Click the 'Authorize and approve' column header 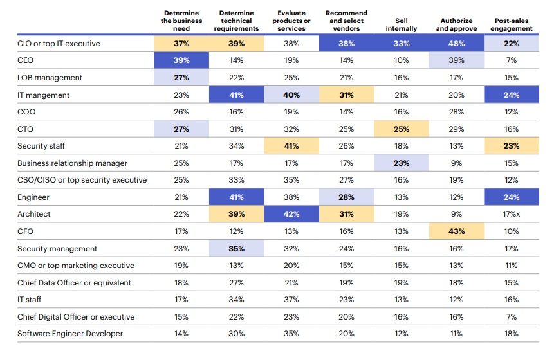[456, 24]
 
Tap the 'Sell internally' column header [402, 24]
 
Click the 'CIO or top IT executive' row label [59, 44]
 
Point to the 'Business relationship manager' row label [72, 163]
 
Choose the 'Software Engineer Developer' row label [70, 334]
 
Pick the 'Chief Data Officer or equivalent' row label [74, 283]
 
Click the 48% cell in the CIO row [456, 44]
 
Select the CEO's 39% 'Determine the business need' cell [181, 60]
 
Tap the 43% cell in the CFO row [456, 231]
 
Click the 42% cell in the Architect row [291, 214]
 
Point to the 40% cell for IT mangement [291, 95]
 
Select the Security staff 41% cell [291, 146]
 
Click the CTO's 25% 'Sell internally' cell [402, 129]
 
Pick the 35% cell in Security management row [236, 249]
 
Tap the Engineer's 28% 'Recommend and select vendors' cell [346, 197]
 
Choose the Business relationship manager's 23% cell [402, 163]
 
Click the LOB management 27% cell [181, 78]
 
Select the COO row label [27, 112]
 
